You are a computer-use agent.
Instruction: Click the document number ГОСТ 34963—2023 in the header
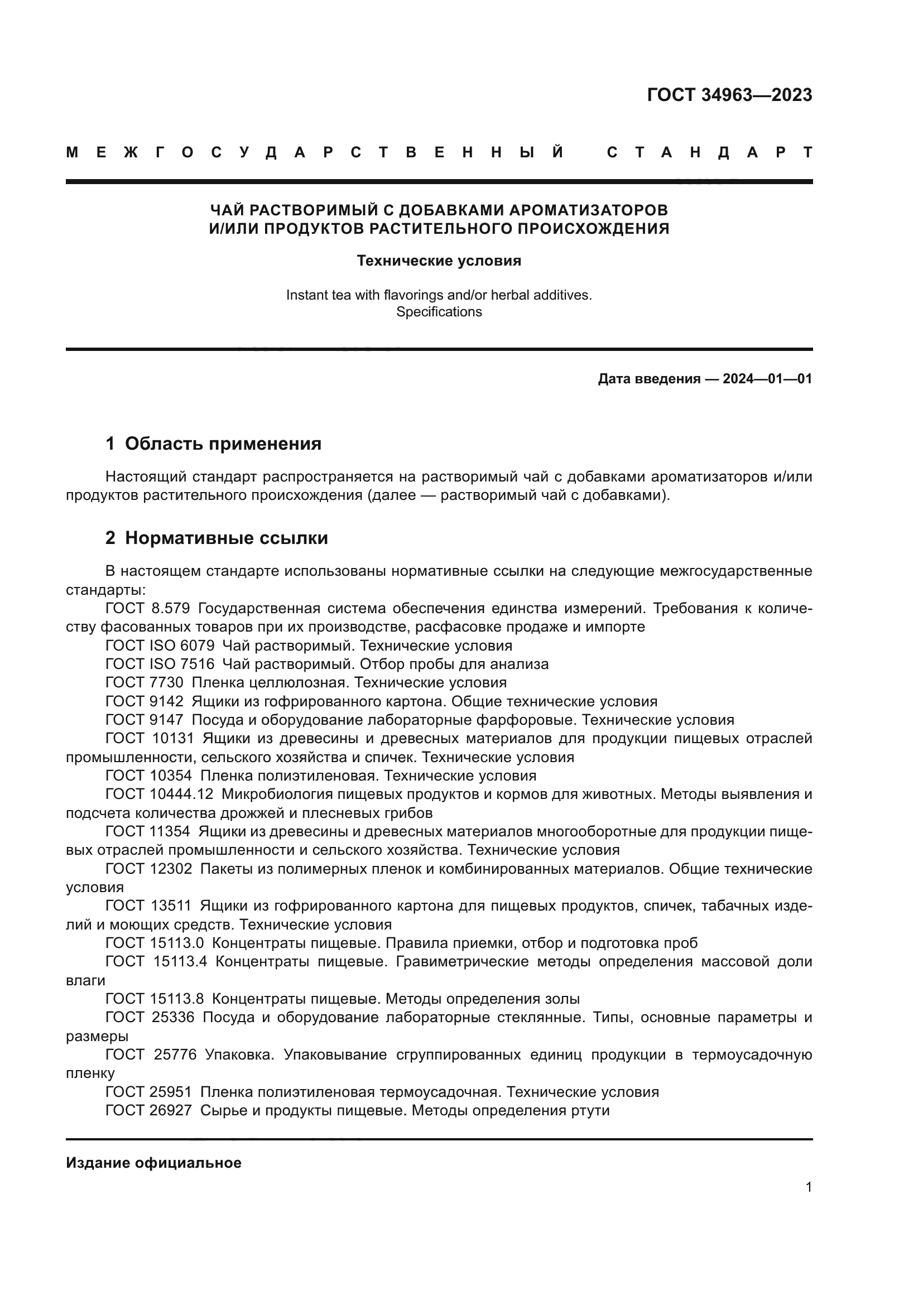click(x=729, y=95)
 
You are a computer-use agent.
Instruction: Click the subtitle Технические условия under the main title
click(x=439, y=261)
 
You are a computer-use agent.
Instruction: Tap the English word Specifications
click(x=439, y=312)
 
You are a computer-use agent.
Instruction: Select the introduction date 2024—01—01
click(x=767, y=379)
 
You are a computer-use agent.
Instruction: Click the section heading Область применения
click(x=223, y=444)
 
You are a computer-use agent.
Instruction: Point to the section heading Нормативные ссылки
click(x=226, y=538)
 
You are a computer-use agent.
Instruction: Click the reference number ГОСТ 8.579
click(x=148, y=609)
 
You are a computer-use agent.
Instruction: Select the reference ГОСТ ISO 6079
click(x=160, y=646)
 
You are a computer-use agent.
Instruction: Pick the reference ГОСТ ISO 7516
click(x=160, y=664)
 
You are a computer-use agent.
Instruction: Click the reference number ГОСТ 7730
click(x=145, y=682)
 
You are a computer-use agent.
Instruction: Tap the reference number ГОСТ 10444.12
click(x=159, y=794)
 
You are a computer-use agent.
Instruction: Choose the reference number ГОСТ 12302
click(x=149, y=869)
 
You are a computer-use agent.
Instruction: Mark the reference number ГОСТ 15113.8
click(x=155, y=999)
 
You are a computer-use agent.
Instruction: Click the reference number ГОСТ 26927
click(x=149, y=1111)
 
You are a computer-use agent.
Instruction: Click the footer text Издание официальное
click(x=153, y=1163)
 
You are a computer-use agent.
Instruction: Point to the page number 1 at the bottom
click(x=808, y=1187)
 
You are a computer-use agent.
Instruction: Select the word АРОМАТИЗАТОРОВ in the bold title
click(x=588, y=211)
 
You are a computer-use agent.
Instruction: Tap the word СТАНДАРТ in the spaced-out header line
click(x=710, y=153)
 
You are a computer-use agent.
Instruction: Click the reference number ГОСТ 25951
click(x=149, y=1092)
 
